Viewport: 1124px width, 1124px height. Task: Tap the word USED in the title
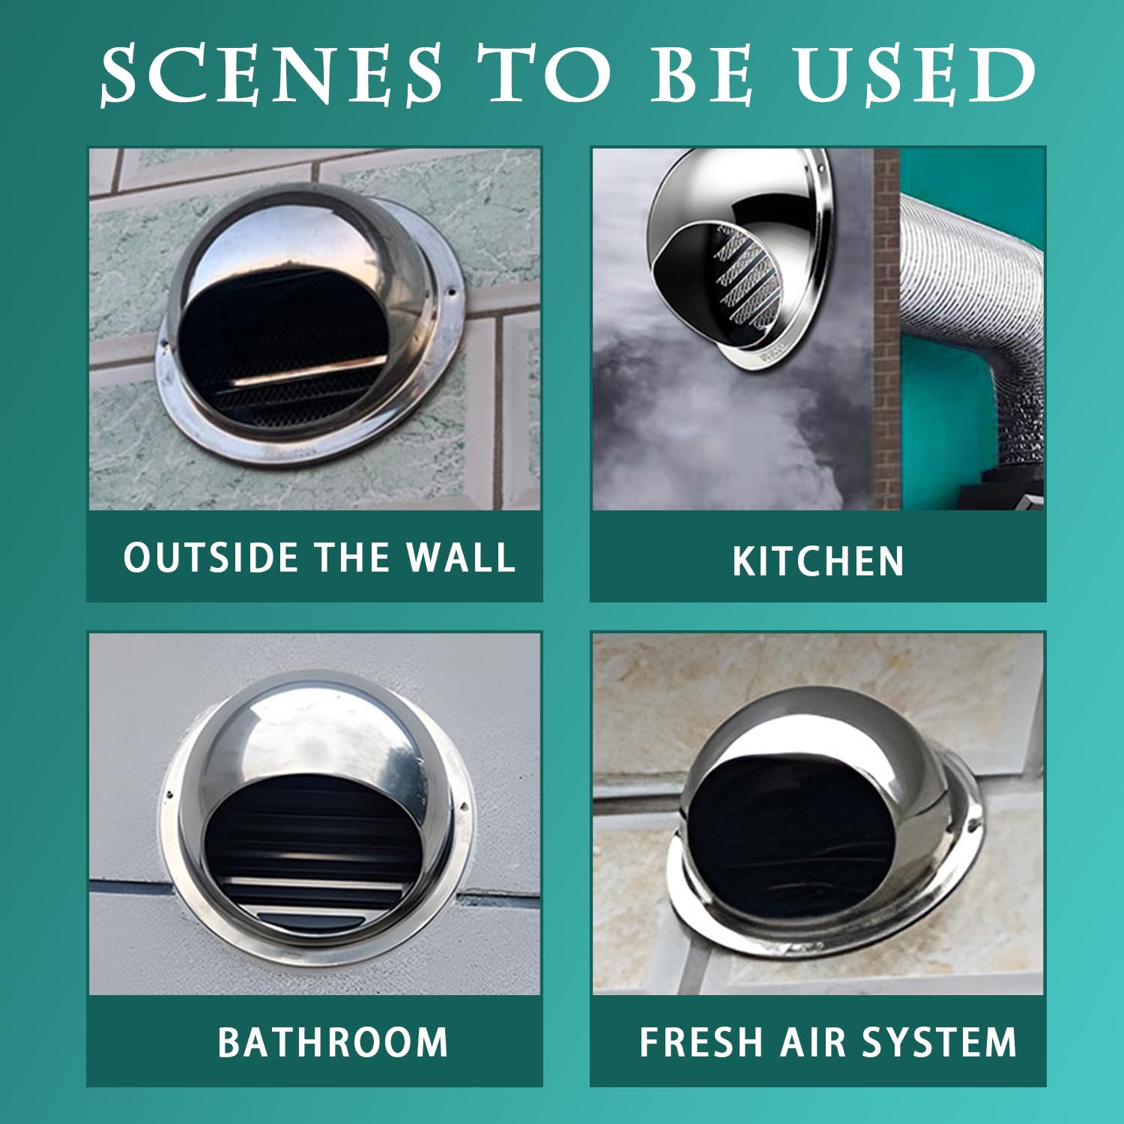coord(916,74)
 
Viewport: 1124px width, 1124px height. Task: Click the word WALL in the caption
coord(460,558)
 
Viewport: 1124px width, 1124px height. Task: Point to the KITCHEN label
coord(818,561)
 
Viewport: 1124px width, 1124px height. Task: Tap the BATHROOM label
coord(333,1042)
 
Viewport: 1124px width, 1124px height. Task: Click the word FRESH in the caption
coord(701,1042)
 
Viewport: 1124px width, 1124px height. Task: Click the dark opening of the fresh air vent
coord(791,832)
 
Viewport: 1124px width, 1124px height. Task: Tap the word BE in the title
coord(701,74)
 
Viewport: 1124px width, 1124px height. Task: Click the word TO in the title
coord(546,74)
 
